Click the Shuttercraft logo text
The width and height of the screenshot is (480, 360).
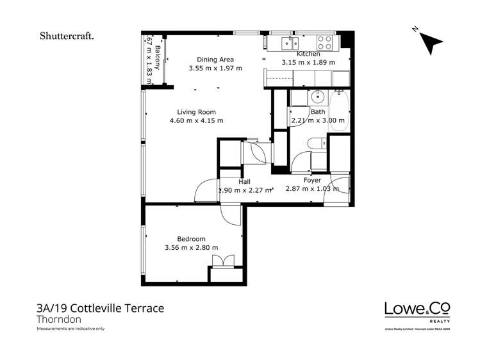point(67,37)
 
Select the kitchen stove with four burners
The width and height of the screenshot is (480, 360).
point(325,43)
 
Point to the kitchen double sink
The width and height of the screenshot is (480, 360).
point(286,43)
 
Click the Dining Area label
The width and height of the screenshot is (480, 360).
point(215,58)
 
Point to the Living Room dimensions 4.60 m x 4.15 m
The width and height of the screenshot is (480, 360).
point(196,120)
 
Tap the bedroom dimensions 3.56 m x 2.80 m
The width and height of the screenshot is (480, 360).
point(191,248)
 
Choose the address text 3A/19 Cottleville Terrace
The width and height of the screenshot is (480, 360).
point(100,308)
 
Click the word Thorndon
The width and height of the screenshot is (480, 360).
point(59,319)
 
